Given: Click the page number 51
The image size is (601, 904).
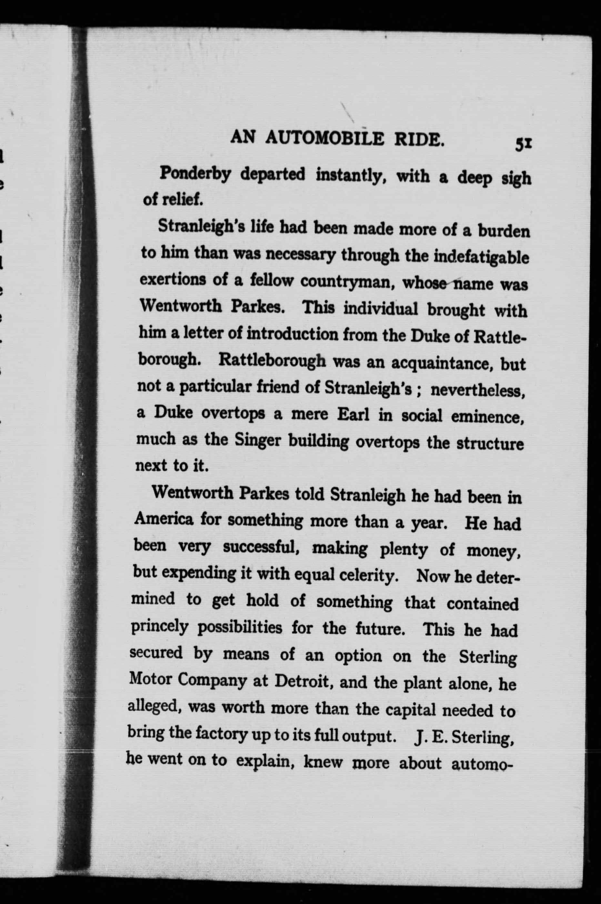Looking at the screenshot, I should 522,144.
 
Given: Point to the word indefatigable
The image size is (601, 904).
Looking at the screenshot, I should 481,257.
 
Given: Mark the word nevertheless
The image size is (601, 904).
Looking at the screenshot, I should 477,391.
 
